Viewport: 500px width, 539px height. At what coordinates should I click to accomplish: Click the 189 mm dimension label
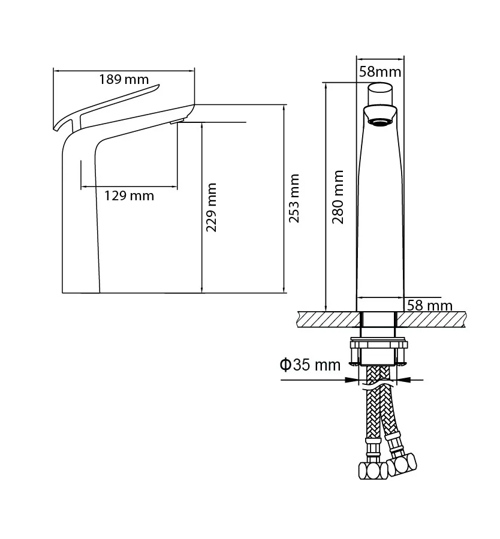click(x=124, y=79)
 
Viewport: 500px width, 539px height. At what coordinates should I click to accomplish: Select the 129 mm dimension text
click(x=129, y=196)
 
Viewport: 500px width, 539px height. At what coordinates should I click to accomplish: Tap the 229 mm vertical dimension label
click(x=211, y=207)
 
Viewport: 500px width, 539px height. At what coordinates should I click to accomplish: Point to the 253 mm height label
click(x=294, y=198)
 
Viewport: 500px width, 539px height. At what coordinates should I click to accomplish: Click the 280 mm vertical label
click(x=338, y=197)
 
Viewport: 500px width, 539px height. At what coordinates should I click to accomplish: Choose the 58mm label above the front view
click(x=380, y=72)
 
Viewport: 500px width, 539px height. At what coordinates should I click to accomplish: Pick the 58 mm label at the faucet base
click(x=429, y=305)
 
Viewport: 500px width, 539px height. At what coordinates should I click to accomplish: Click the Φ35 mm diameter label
click(x=310, y=365)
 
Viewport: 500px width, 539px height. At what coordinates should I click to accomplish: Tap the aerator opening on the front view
click(x=380, y=122)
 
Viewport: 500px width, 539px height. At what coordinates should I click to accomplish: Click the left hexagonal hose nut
click(x=372, y=471)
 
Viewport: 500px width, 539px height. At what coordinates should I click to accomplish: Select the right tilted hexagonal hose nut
click(x=402, y=465)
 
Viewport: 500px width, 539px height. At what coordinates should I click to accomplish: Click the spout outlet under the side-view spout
click(x=177, y=121)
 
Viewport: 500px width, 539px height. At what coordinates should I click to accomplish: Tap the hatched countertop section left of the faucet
click(x=330, y=320)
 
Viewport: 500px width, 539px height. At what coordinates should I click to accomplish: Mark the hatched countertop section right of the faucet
click(x=431, y=320)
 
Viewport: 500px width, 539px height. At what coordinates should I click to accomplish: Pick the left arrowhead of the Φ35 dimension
click(x=351, y=380)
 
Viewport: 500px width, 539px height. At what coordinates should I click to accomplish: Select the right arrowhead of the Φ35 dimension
click(x=403, y=380)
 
